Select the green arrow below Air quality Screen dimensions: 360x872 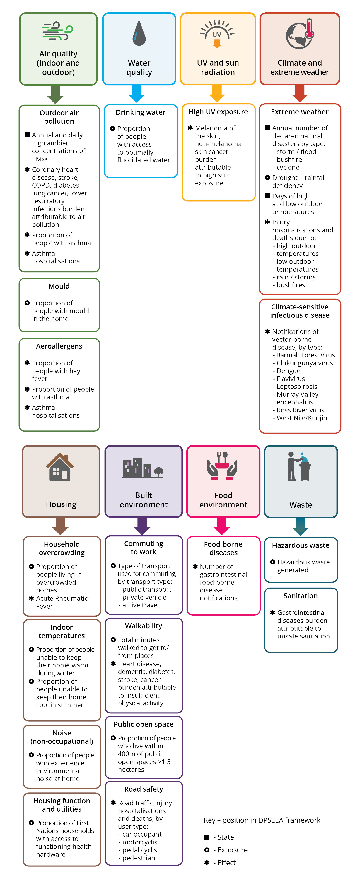(x=55, y=94)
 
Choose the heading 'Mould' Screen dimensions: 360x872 (x=59, y=286)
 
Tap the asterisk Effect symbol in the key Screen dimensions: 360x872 (x=207, y=863)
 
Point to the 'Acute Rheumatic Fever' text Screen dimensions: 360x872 (x=62, y=602)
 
